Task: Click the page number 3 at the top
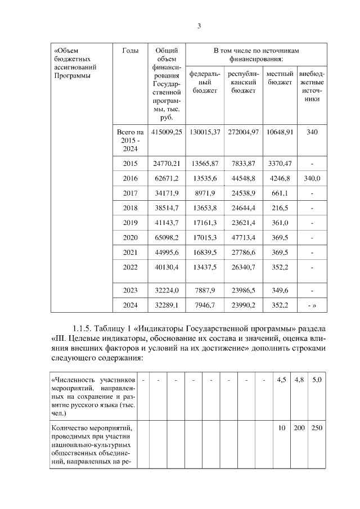(x=199, y=26)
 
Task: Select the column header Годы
(x=130, y=51)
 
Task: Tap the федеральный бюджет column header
(x=204, y=82)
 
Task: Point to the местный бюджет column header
(x=280, y=78)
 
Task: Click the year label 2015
(x=130, y=164)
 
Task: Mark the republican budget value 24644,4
(x=243, y=208)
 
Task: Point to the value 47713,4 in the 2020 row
(x=243, y=237)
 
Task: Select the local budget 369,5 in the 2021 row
(x=280, y=252)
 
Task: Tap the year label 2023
(x=130, y=290)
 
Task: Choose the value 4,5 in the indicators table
(x=281, y=380)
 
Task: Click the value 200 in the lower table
(x=299, y=428)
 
